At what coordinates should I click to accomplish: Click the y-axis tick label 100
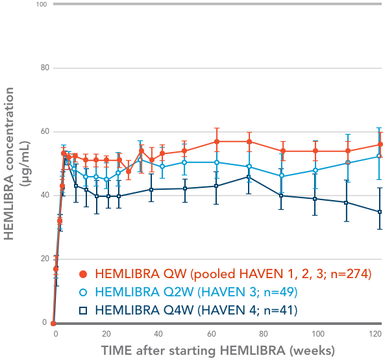(x=41, y=5)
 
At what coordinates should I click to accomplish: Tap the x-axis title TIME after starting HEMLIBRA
(x=217, y=350)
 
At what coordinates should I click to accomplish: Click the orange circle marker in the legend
(x=82, y=274)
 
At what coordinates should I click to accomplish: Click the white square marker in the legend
(x=82, y=311)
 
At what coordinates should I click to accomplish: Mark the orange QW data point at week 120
(x=380, y=144)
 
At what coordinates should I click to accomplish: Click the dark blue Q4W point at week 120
(x=380, y=212)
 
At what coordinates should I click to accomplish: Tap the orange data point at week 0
(x=53, y=323)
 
